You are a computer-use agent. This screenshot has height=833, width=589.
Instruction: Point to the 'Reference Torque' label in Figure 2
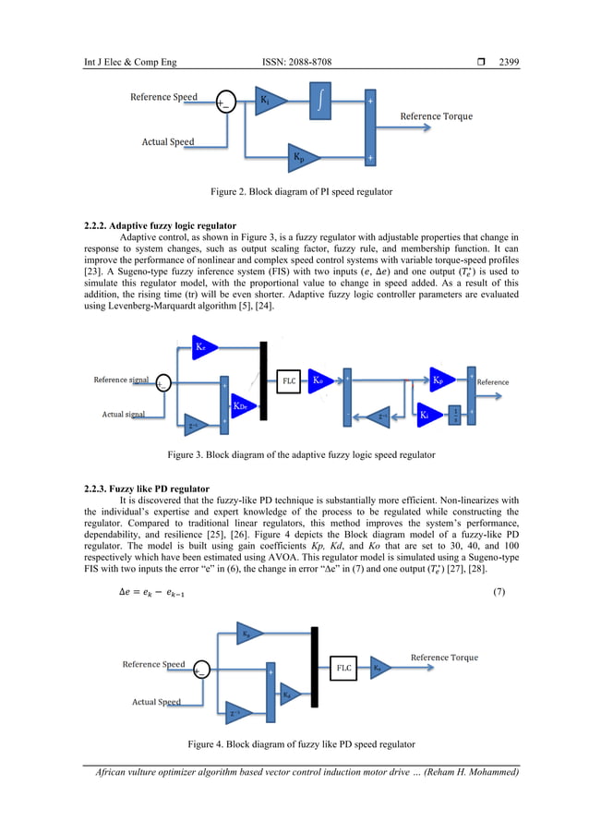coord(436,116)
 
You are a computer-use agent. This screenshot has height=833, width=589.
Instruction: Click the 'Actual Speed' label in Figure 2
coord(167,142)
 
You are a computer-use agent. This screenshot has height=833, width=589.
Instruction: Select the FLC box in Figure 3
coord(289,380)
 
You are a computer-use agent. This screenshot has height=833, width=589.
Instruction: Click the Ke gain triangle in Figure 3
coord(205,347)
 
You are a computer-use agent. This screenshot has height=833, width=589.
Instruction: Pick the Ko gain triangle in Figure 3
coord(319,380)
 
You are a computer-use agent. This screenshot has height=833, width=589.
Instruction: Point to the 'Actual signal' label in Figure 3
coord(124,415)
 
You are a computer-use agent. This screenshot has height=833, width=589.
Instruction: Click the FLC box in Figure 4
coord(343,667)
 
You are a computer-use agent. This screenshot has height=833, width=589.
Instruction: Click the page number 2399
coord(509,62)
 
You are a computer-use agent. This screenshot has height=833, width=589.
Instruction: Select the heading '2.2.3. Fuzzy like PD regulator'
coord(147,488)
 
